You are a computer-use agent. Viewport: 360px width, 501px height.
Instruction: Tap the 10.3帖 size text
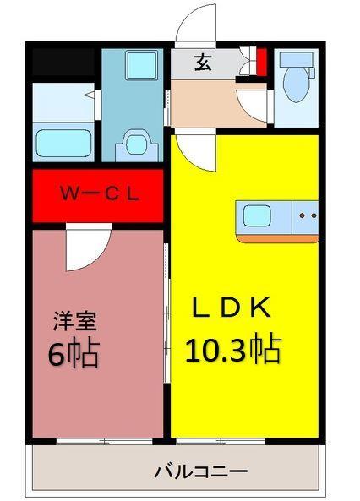pos(233,348)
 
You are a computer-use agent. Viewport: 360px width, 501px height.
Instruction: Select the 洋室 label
pos(75,321)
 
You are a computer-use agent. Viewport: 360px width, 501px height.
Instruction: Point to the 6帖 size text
pos(74,353)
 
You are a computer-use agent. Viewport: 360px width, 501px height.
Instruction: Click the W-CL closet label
pos(98,193)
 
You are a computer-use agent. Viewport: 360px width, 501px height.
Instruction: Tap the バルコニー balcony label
pos(199,471)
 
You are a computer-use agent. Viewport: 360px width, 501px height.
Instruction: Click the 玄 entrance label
pos(204,63)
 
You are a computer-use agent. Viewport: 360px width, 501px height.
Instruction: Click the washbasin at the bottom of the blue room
pos(133,143)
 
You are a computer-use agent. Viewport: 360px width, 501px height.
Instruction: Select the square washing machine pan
pos(133,66)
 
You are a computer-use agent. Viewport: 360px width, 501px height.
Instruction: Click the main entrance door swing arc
pos(197,25)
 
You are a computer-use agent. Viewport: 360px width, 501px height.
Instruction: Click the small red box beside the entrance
pos(261,63)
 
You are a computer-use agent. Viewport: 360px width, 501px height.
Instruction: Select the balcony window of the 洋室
pos(104,440)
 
